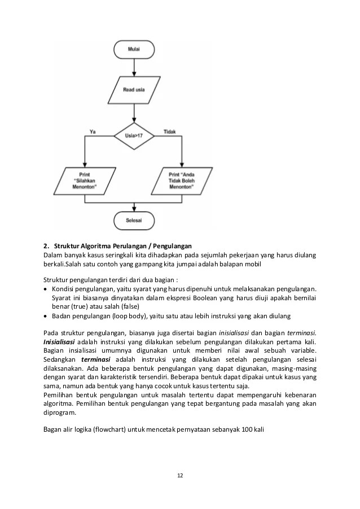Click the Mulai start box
point(134,50)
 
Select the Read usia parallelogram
point(134,89)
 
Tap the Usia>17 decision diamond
point(134,135)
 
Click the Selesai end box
point(134,220)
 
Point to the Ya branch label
point(93,131)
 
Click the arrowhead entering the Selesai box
point(134,208)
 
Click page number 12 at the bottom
point(179,476)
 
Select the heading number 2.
point(46,246)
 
